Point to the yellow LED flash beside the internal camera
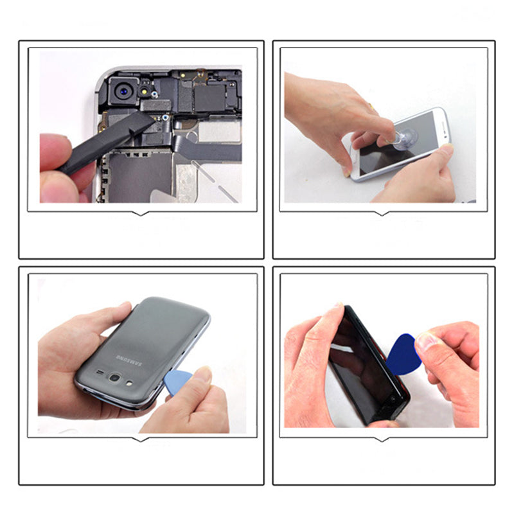146,84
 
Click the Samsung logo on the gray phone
130,358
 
